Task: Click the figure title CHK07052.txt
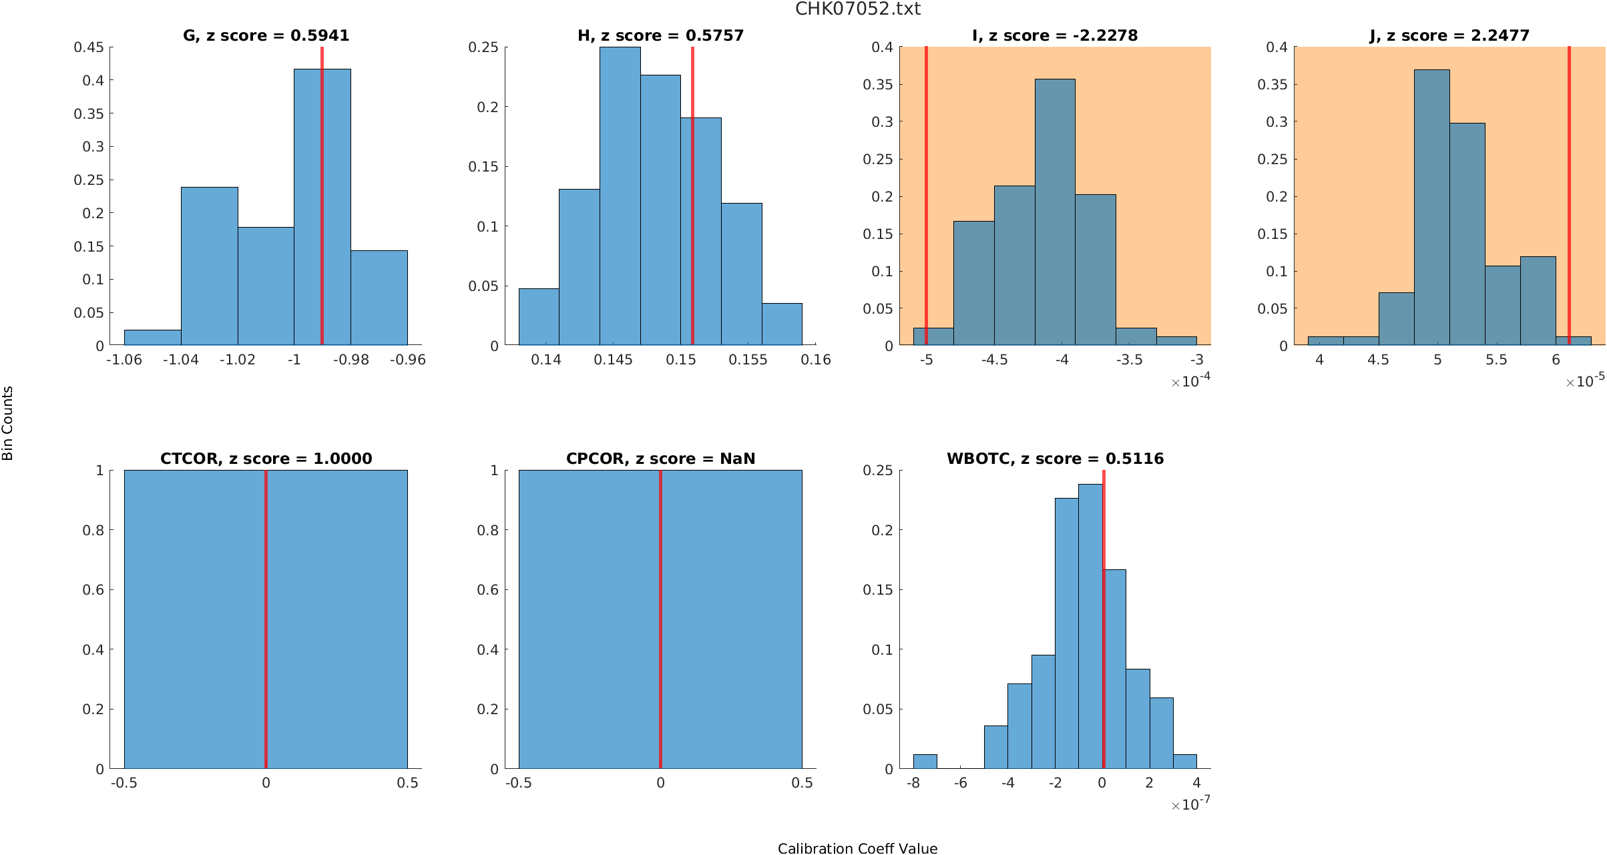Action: click(857, 9)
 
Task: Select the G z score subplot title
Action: click(266, 35)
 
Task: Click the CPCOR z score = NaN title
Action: click(660, 459)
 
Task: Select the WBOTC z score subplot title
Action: click(1055, 459)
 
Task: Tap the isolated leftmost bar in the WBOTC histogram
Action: click(925, 762)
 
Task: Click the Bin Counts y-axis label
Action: click(8, 423)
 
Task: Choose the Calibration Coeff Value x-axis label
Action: click(857, 848)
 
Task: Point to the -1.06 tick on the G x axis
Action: click(124, 360)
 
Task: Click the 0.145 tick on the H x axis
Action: click(613, 360)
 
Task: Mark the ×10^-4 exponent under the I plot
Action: click(1191, 381)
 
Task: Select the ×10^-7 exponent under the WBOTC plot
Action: click(1191, 804)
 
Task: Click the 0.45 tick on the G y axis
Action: click(89, 47)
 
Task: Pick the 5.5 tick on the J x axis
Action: click(1496, 360)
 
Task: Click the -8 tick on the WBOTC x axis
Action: click(913, 783)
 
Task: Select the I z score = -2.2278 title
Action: click(1055, 35)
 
